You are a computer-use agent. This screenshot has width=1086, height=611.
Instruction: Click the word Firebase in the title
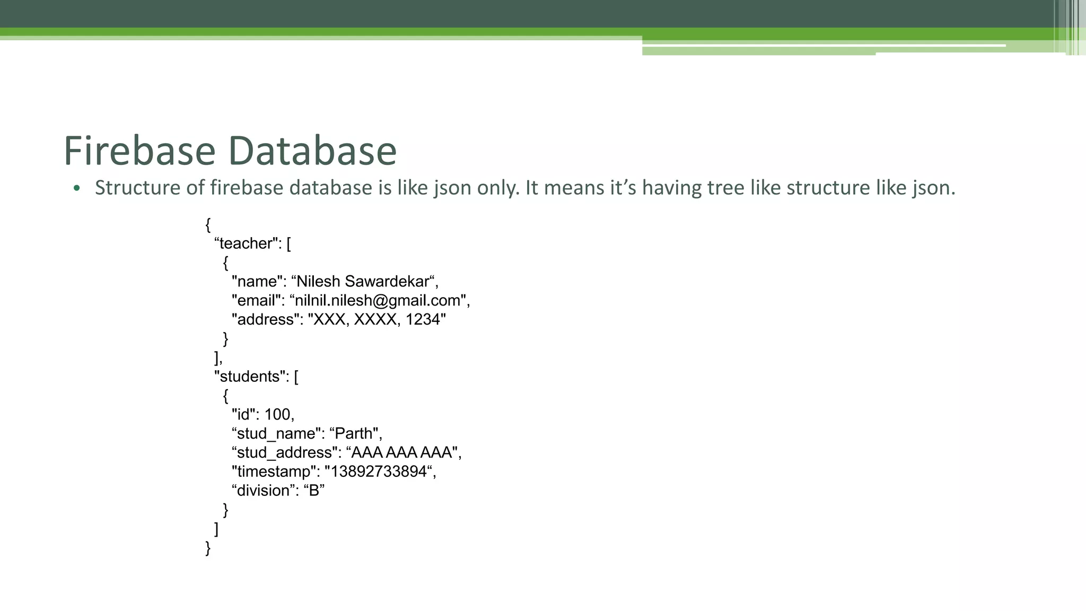coord(139,151)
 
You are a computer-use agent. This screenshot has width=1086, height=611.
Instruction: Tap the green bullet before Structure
coord(77,188)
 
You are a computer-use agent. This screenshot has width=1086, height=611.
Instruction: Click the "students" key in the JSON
coord(252,377)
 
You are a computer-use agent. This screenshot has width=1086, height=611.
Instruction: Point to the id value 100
coord(277,414)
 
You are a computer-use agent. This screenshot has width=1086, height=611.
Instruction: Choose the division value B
coord(314,491)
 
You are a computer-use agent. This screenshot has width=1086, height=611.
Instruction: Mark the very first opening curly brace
coord(208,225)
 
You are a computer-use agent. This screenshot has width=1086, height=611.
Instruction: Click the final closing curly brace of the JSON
coord(208,548)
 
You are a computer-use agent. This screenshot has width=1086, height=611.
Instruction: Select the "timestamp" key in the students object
coord(274,472)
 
